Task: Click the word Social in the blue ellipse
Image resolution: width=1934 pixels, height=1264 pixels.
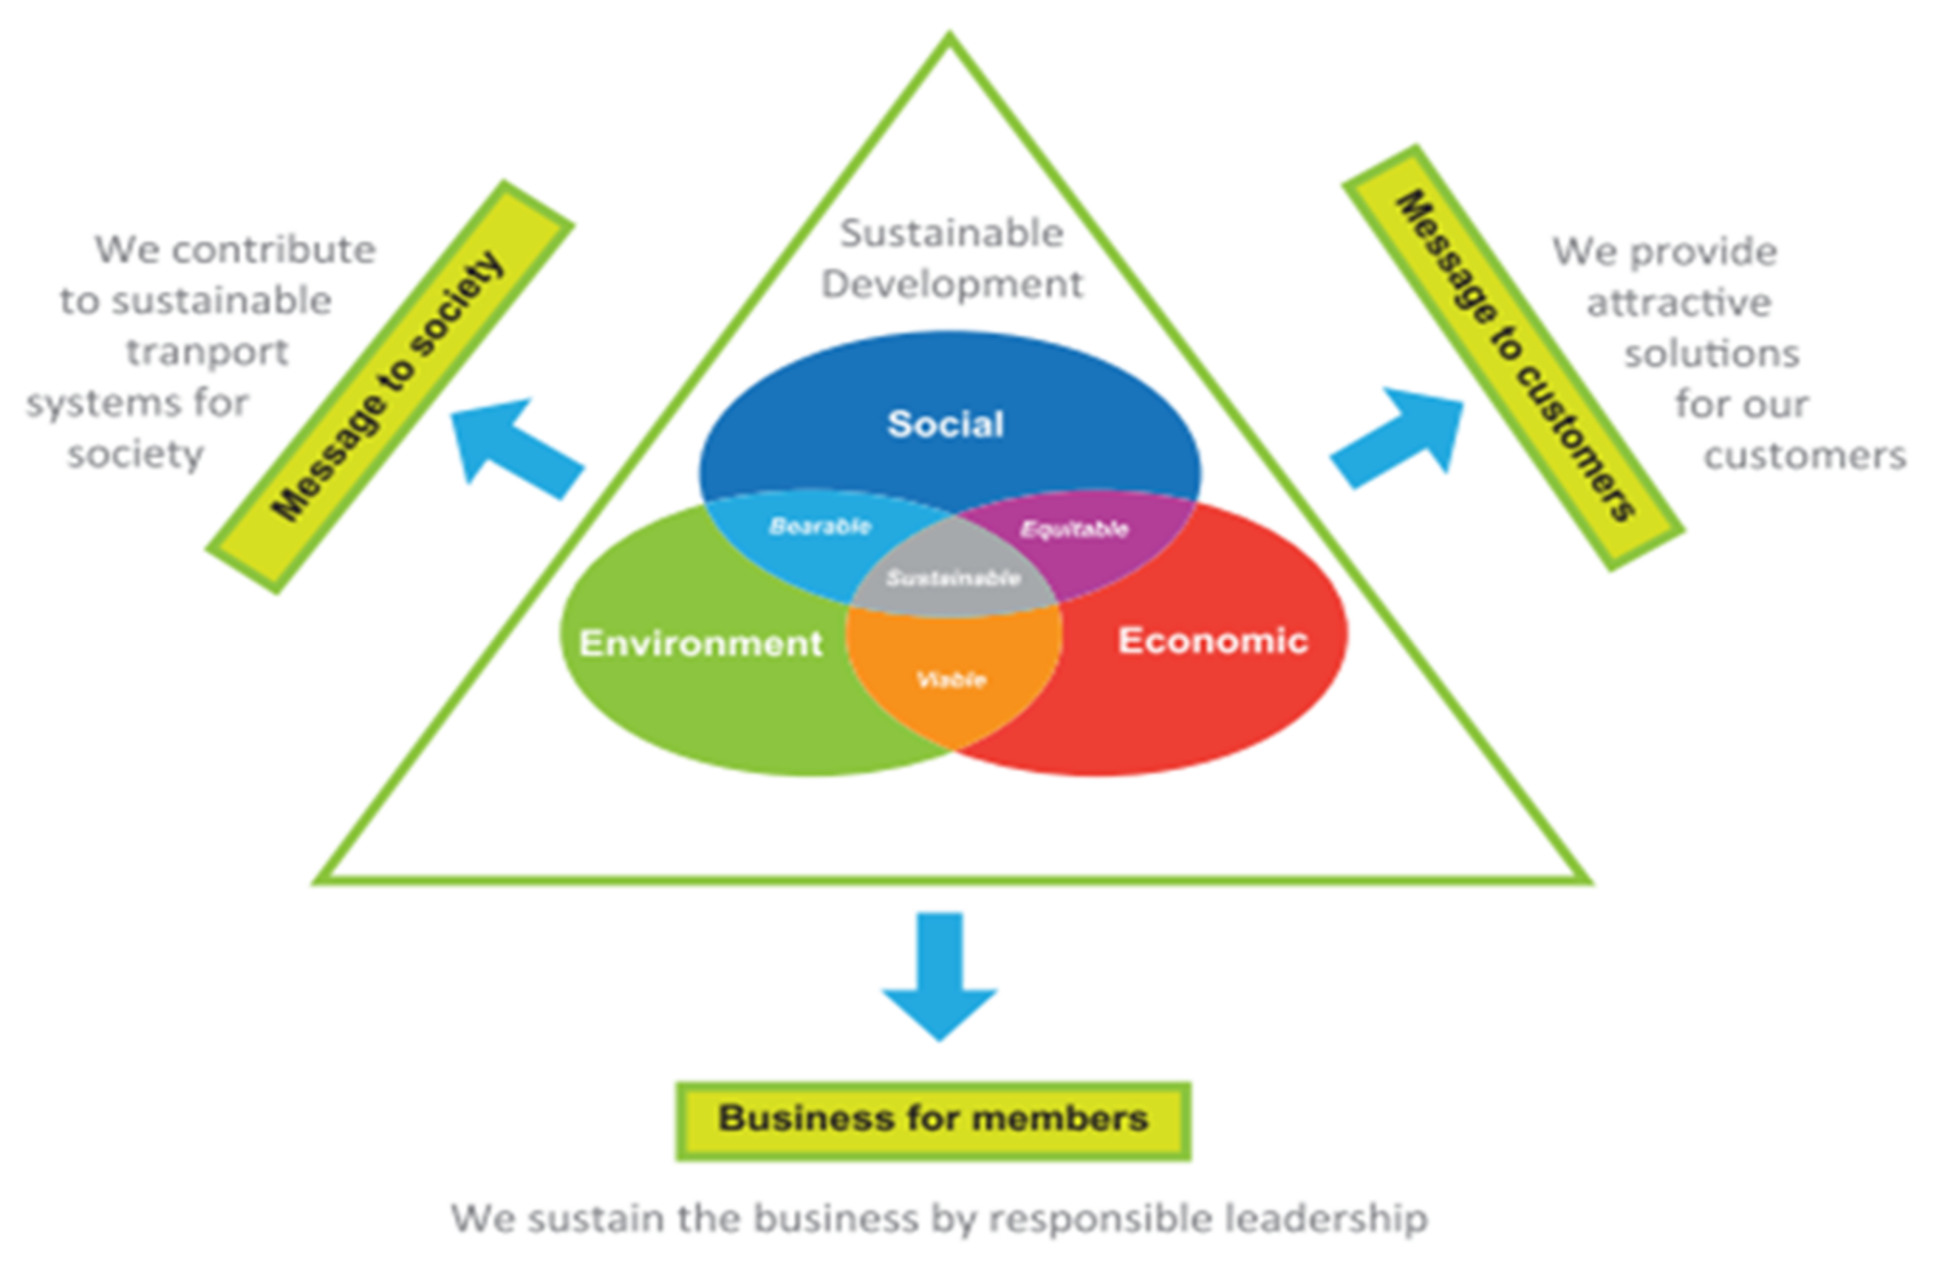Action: tap(945, 424)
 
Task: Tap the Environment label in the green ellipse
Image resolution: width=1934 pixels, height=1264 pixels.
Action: tap(700, 643)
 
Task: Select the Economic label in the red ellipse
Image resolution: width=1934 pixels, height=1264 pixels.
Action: tap(1212, 641)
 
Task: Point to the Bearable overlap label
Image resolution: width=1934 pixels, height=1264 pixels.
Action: tap(819, 526)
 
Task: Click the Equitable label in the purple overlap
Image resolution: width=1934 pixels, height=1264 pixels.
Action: tap(1073, 529)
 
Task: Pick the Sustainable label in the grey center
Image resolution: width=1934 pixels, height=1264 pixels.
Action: tap(952, 578)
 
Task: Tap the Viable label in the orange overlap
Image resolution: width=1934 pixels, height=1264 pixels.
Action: tap(951, 679)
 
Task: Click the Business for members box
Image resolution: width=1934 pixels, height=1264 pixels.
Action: tap(933, 1119)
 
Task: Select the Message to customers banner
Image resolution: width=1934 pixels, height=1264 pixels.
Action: tap(1513, 357)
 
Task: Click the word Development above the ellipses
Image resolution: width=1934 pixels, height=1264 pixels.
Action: tap(951, 285)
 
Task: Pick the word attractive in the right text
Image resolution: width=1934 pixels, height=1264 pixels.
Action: tap(1678, 303)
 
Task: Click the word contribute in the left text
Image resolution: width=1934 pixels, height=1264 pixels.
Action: tap(273, 250)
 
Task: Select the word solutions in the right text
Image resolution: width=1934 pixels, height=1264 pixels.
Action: tap(1712, 354)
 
